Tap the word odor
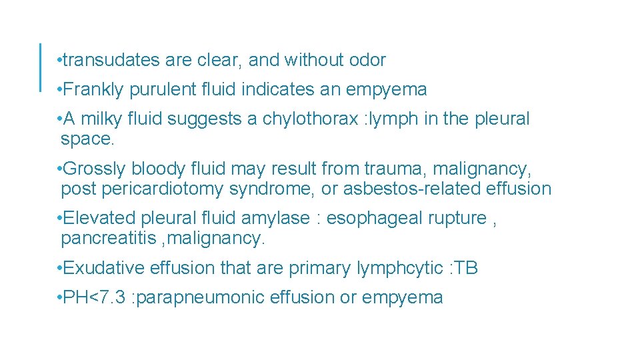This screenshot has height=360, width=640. [367, 60]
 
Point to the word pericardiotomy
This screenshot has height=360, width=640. [163, 189]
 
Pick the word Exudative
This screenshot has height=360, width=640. [103, 268]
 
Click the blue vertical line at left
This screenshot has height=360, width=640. [41, 67]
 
